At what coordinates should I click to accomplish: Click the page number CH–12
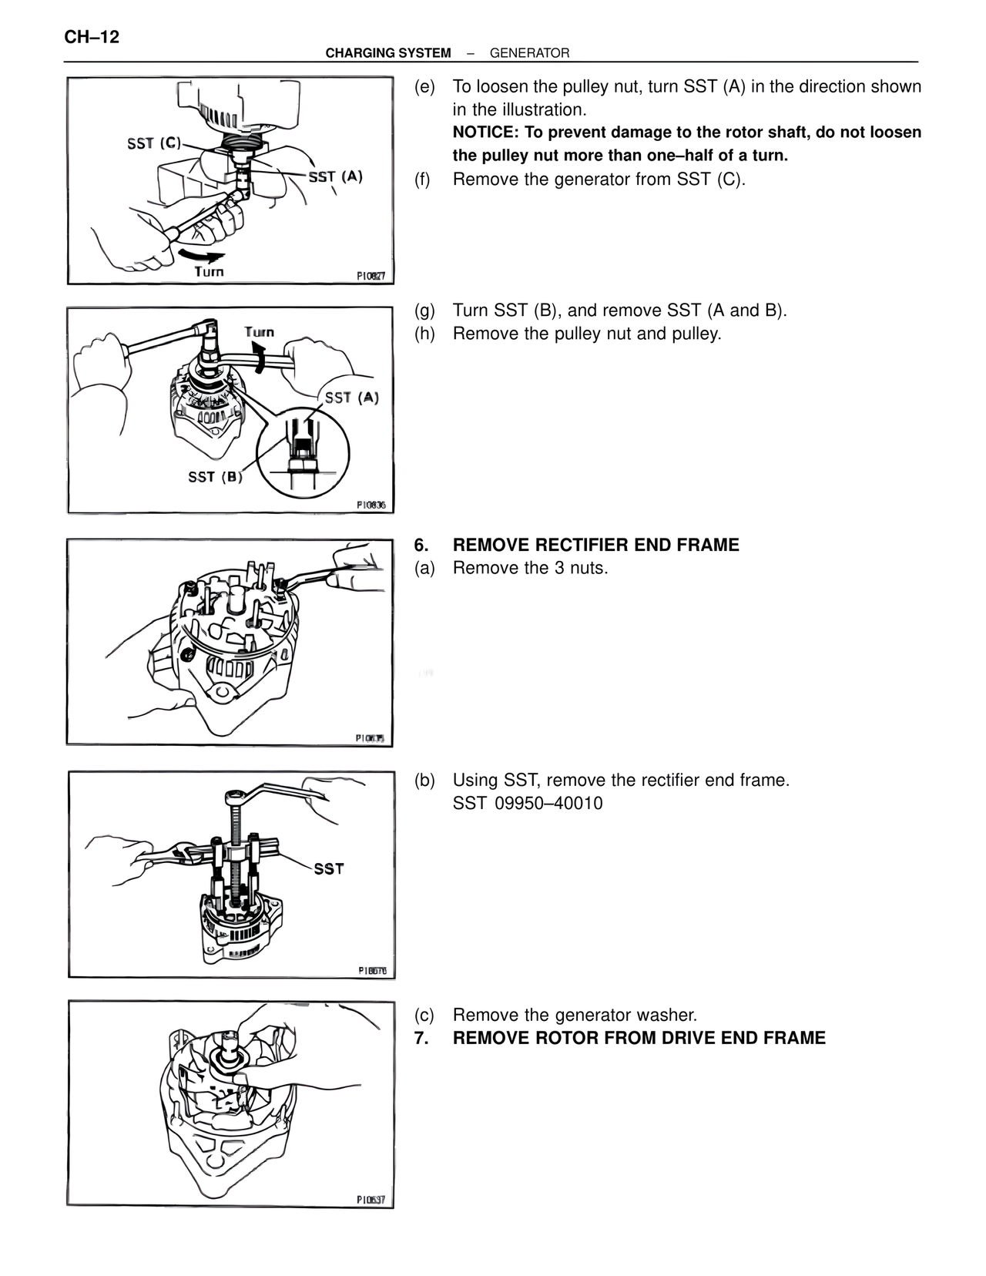[92, 36]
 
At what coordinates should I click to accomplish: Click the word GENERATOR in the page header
[529, 53]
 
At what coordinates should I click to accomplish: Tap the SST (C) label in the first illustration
[154, 143]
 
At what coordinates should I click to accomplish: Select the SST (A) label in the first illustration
[335, 176]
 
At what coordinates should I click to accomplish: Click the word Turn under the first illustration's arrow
[208, 271]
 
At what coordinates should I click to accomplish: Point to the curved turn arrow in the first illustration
[201, 255]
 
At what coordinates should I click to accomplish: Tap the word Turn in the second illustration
[259, 332]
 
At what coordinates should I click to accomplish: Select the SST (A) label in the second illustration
[352, 398]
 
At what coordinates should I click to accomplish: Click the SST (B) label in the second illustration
[215, 477]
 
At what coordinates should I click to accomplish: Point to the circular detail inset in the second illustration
[303, 448]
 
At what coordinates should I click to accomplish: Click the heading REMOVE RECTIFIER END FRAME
[595, 546]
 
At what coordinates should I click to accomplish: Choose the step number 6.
[421, 546]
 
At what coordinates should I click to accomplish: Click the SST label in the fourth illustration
[329, 868]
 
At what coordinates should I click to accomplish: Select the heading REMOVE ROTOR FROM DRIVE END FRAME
[639, 1039]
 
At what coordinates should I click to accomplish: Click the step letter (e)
[424, 86]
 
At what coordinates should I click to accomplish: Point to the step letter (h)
[424, 334]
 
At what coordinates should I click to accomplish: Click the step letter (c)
[424, 1016]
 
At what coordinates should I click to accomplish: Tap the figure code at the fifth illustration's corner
[371, 1200]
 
